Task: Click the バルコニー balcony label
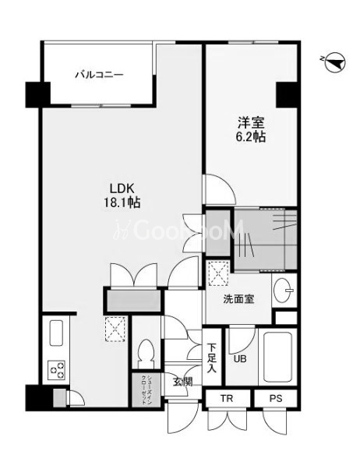pos(99,76)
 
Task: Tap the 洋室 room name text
pos(250,122)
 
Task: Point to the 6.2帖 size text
pos(250,137)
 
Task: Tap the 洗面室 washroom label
pos(238,298)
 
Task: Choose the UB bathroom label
pos(238,359)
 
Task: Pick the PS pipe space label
pos(275,398)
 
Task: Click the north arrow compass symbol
pos(333,63)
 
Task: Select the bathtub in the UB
pos(277,357)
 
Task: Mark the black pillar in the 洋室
pos(287,94)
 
